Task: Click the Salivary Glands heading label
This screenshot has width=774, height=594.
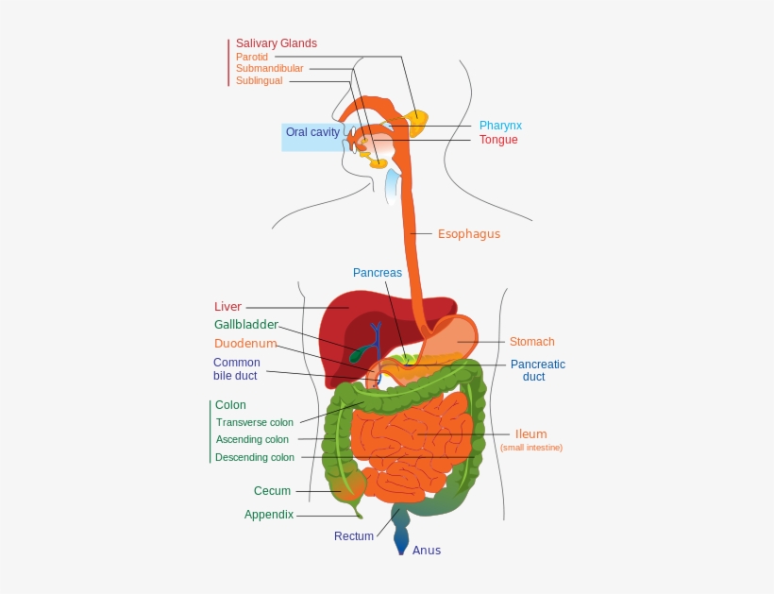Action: coord(276,43)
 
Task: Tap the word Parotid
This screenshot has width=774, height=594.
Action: coord(252,57)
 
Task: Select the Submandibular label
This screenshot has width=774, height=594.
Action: coord(270,69)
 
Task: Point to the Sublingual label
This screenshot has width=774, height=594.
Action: coord(259,81)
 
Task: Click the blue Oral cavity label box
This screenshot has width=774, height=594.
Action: coord(311,133)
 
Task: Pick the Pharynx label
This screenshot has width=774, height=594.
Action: coord(500,126)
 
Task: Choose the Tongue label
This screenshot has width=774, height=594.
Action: coord(498,140)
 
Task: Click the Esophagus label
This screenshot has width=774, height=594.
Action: coord(469,234)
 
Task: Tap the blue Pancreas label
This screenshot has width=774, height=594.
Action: coord(378,273)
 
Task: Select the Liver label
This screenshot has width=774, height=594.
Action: coord(227,307)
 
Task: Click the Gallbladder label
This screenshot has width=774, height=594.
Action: coord(245,325)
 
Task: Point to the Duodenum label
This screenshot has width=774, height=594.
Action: coord(244,344)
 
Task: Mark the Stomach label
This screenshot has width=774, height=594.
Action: coord(532,342)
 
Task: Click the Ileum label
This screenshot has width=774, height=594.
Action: coord(530,434)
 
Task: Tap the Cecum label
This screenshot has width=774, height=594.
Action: coord(272,491)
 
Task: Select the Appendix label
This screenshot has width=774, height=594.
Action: coord(269,515)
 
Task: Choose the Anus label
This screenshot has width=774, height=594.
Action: coord(427,551)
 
